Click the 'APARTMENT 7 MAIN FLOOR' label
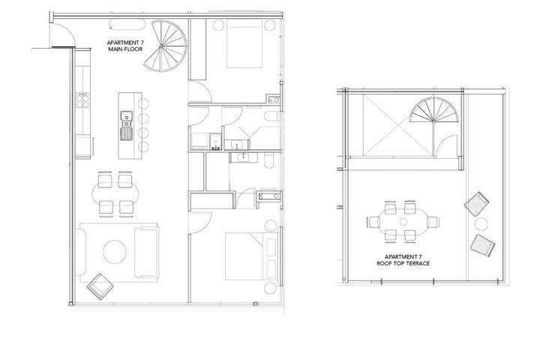click(125, 46)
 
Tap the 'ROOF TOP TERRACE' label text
click(403, 263)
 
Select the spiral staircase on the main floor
click(165, 46)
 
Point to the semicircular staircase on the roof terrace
click(434, 110)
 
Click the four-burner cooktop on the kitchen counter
click(82, 100)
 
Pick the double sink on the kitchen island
click(127, 125)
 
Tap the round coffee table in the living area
click(115, 252)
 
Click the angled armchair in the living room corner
click(100, 286)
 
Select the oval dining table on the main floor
click(115, 194)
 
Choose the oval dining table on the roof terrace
click(403, 221)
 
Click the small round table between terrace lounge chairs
click(481, 224)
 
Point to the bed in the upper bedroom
click(244, 43)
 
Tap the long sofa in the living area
click(147, 253)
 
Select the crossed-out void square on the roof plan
click(397, 125)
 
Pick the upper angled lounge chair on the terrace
click(477, 204)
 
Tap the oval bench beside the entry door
click(127, 25)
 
